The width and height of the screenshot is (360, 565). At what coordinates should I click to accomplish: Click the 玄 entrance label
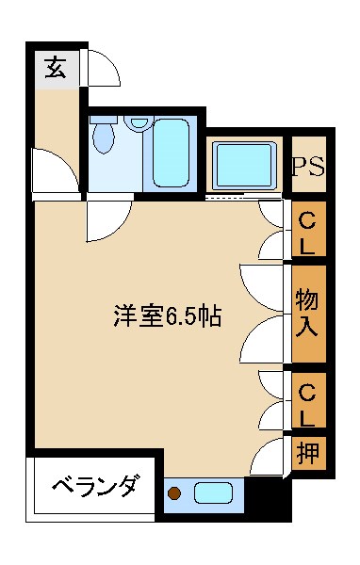click(x=56, y=68)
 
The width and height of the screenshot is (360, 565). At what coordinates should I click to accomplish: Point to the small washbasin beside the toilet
click(x=139, y=121)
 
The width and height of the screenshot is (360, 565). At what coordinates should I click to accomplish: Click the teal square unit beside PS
click(x=243, y=166)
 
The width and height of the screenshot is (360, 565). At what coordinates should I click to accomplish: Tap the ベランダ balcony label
click(x=93, y=488)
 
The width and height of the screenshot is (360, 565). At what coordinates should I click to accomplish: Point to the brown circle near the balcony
click(x=174, y=492)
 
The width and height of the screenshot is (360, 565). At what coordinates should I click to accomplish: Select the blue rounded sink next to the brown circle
click(x=215, y=492)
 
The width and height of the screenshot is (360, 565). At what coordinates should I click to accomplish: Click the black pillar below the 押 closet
click(x=268, y=497)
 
